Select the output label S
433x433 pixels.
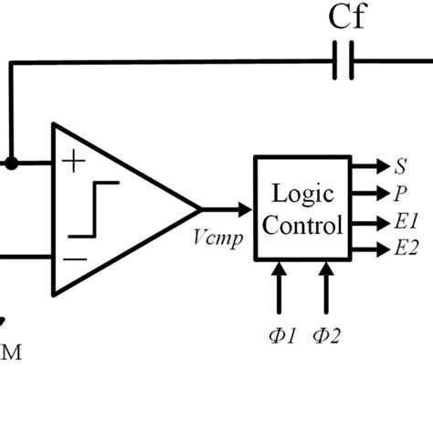click(399, 168)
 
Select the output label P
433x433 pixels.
click(399, 194)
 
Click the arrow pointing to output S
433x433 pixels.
click(370, 167)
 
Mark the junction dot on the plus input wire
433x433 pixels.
click(11, 163)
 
